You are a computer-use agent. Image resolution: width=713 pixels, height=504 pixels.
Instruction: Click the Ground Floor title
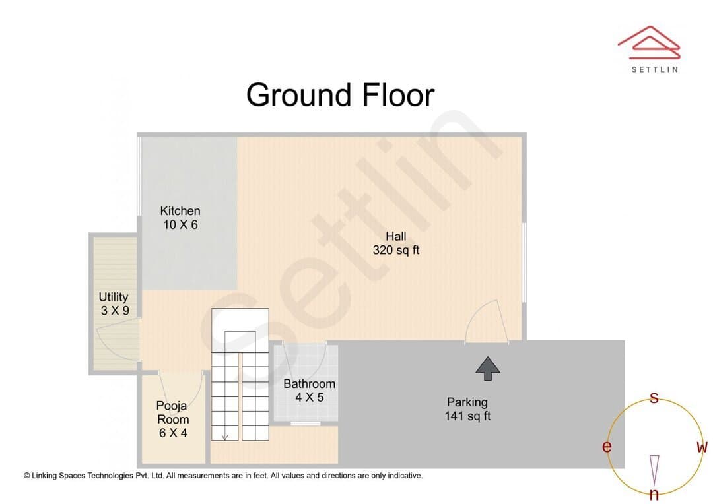tap(340, 95)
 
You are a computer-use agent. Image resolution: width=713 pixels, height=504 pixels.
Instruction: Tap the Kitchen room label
tap(180, 218)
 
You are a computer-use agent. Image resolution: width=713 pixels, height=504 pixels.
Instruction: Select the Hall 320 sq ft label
tap(395, 243)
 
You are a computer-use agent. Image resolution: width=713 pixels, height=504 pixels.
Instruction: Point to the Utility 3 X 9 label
tap(114, 303)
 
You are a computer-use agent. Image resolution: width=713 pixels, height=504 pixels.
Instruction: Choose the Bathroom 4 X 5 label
tap(309, 391)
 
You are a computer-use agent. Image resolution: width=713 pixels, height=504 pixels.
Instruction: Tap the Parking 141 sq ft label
tap(467, 409)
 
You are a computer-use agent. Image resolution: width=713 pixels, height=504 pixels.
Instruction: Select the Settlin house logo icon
tap(649, 43)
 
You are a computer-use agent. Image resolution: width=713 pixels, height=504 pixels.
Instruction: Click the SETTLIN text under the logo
tap(655, 69)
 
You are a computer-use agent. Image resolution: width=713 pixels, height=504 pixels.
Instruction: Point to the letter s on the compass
tap(654, 398)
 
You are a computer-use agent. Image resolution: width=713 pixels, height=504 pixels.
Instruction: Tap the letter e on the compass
tap(607, 447)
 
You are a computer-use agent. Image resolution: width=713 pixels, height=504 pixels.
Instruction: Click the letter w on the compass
tap(702, 447)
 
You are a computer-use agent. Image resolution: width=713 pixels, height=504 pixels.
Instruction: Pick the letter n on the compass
tap(654, 494)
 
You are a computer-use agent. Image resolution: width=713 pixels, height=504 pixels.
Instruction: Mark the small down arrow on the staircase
tap(224, 437)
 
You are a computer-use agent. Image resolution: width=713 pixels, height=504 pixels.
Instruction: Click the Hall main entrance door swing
tap(486, 321)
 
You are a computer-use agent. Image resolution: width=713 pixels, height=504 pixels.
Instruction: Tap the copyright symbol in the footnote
tap(27, 476)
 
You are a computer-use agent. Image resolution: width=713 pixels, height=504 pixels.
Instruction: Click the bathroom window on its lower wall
tap(306, 424)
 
